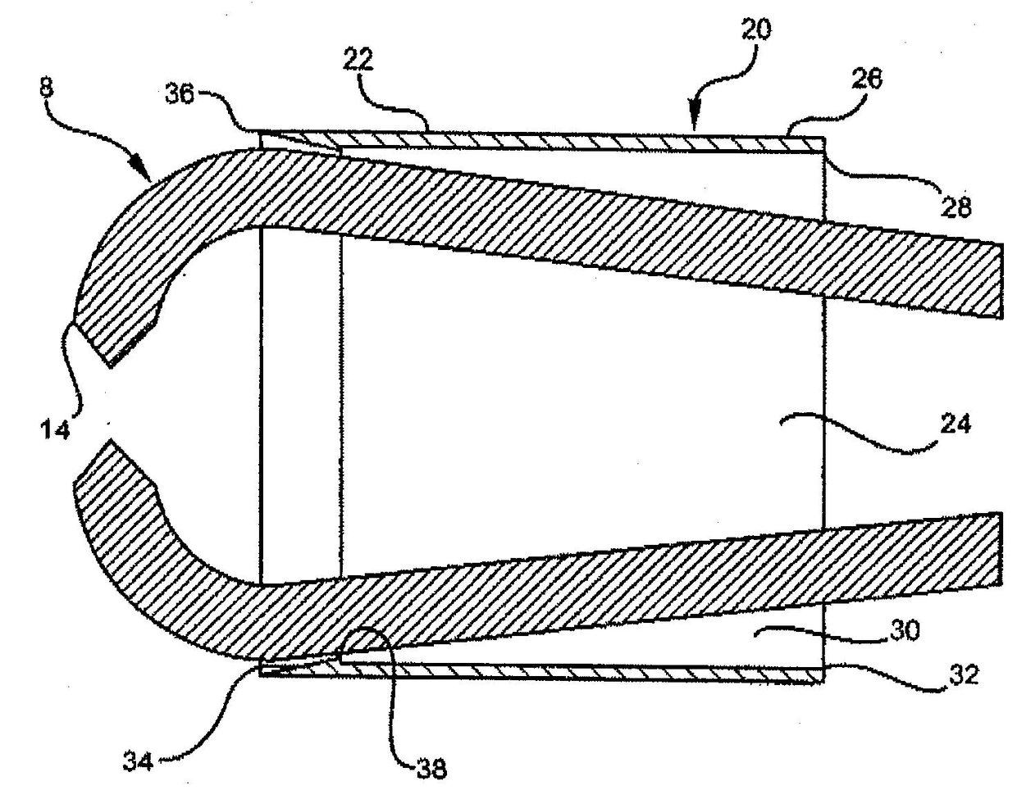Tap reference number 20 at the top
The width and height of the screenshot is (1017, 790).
point(756,30)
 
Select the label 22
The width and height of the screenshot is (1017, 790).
point(358,61)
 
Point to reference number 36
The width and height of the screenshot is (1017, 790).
point(180,94)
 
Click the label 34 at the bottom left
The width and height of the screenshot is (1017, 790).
point(138,761)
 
